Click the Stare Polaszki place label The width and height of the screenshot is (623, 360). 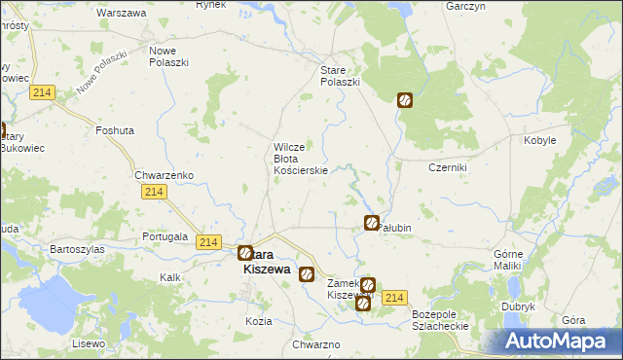tap(341, 76)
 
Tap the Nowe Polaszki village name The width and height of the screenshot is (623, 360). tap(167, 55)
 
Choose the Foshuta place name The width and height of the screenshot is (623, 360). tap(115, 129)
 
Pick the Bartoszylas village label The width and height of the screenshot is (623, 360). tap(78, 249)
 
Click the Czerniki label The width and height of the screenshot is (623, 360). tap(449, 167)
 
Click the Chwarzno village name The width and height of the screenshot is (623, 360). tap(315, 345)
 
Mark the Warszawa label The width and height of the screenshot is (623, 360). tap(123, 14)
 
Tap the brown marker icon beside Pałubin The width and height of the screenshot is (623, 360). tap(371, 224)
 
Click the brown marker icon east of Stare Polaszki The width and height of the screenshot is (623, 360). tap(405, 99)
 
